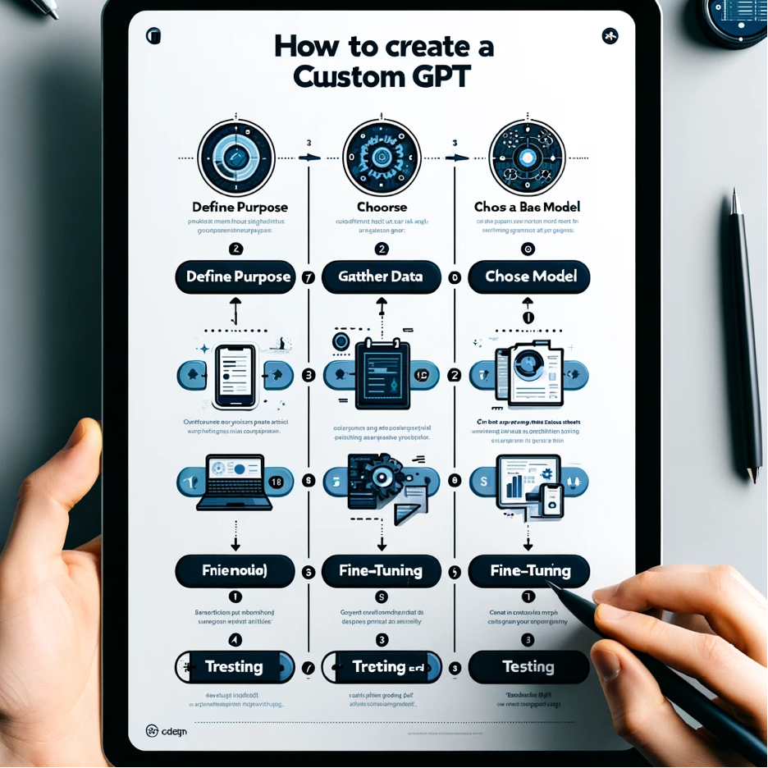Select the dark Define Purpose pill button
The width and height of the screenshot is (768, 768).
click(238, 277)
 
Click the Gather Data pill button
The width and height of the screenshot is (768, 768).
click(380, 277)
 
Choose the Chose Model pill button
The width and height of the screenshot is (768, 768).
click(530, 277)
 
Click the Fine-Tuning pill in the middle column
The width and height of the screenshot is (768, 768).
click(380, 570)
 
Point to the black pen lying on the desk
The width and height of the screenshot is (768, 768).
click(746, 336)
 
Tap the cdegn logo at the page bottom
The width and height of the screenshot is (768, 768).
click(166, 730)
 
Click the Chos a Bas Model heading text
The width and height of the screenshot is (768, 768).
click(526, 207)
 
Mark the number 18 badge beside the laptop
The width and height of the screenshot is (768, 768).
click(275, 482)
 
